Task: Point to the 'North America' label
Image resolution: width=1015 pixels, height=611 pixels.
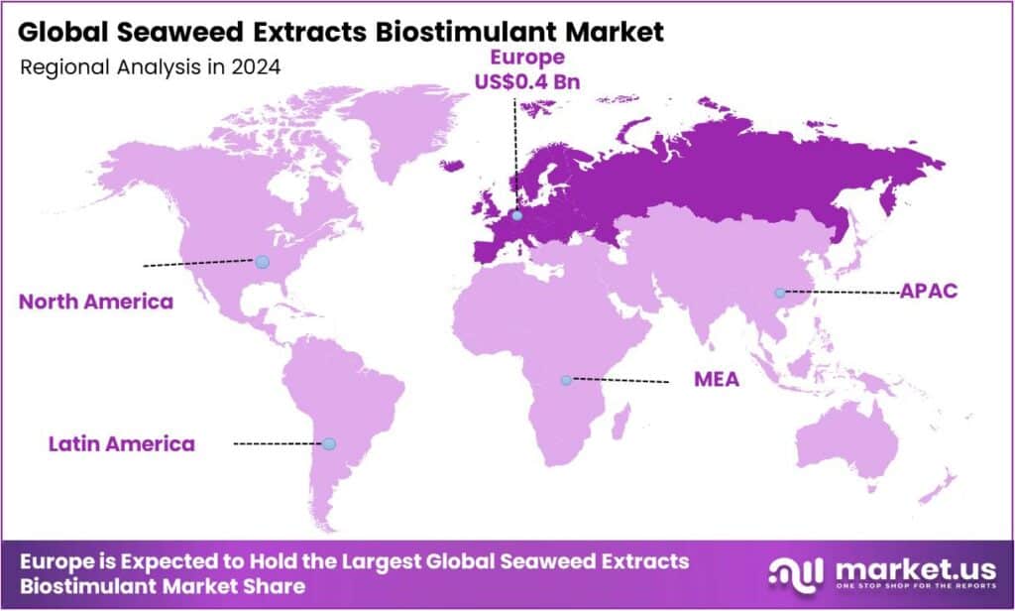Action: pos(96,302)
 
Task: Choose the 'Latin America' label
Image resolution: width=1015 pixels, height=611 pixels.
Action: pos(121,443)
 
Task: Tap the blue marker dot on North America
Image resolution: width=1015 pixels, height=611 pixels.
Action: pos(262,262)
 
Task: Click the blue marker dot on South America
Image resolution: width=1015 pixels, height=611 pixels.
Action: pos(331,443)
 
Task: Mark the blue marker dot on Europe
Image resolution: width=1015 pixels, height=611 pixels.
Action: pos(516,215)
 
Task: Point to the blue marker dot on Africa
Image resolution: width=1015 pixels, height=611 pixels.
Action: pos(566,380)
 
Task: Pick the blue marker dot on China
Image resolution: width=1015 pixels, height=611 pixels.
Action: pos(780,293)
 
